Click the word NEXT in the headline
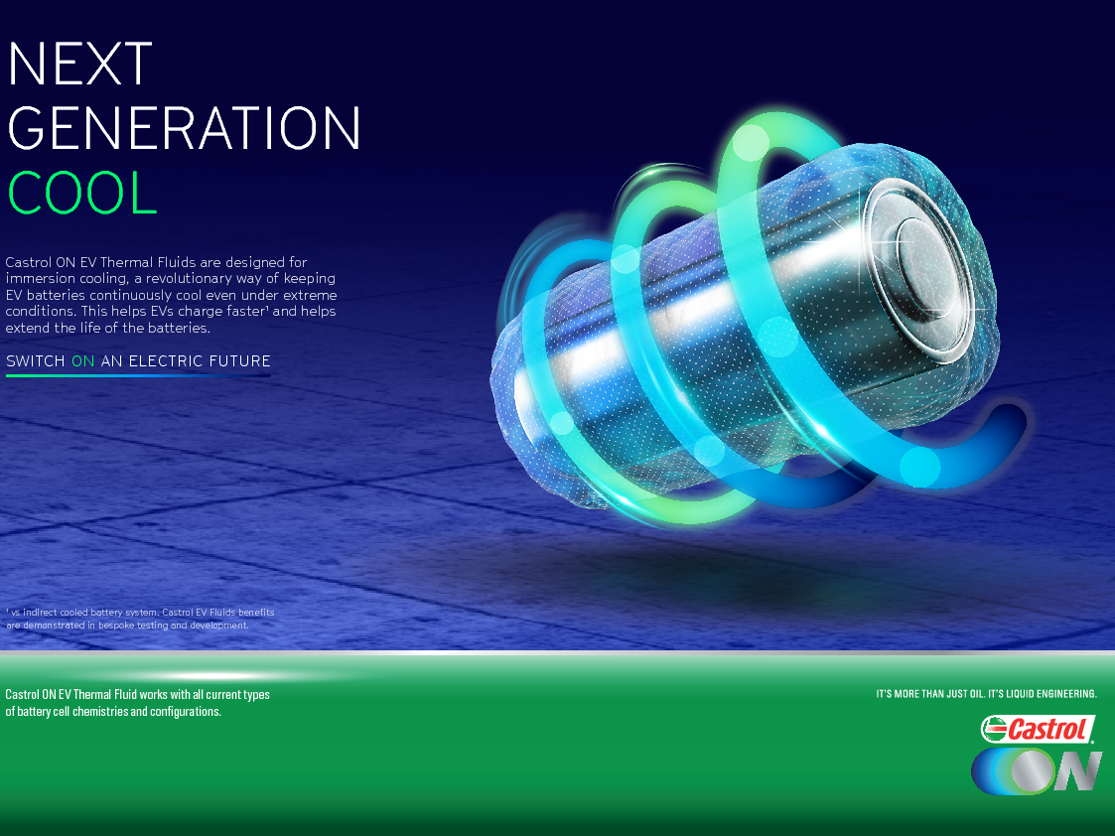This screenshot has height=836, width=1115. pos(79,64)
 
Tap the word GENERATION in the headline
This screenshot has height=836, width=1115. pos(184,128)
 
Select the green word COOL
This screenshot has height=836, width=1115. pos(81,192)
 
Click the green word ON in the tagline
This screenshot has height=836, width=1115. pos(83,361)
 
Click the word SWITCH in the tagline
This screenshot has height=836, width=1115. pos(36,361)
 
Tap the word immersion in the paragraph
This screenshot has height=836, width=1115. pos(39,279)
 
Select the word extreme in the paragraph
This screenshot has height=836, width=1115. pos(310,295)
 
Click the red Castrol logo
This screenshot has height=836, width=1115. pos(1038,730)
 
